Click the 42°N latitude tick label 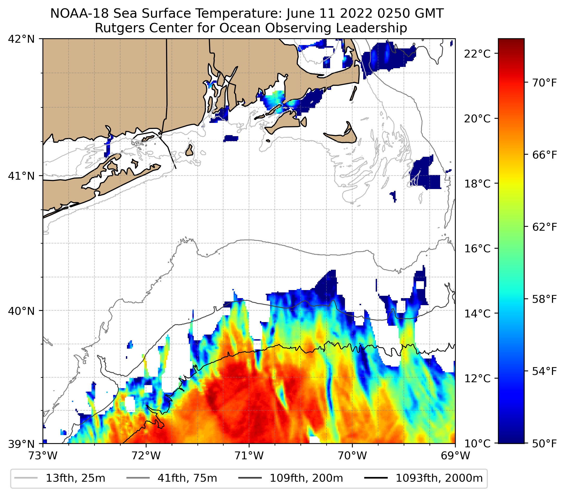pos(21,39)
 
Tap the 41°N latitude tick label pos(21,176)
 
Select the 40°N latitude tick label pos(21,311)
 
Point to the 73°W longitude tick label pos(43,456)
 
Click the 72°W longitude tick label pos(146,456)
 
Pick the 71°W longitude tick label pos(249,456)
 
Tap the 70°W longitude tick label pos(353,456)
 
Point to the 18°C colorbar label pos(477,184)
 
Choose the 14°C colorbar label pos(477,313)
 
